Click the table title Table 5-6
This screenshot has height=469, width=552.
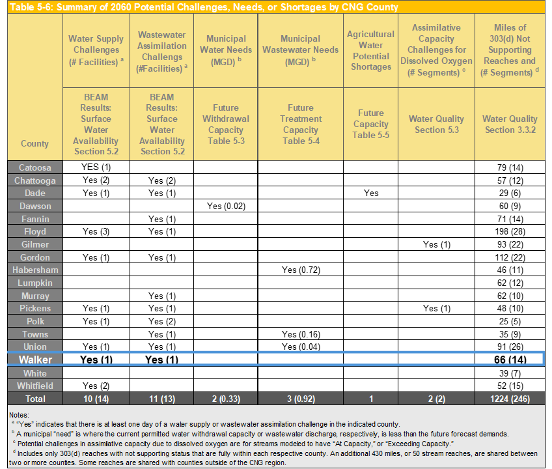[203, 7]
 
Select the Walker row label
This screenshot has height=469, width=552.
[35, 360]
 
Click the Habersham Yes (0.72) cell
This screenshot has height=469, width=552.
[300, 270]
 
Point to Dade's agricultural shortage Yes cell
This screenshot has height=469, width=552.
[371, 193]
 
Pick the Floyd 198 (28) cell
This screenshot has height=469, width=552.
[510, 231]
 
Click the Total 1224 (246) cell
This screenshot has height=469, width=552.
[510, 398]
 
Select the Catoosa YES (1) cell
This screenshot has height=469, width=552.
[96, 167]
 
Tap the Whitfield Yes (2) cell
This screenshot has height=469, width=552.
[96, 386]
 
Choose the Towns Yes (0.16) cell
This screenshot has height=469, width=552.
[300, 334]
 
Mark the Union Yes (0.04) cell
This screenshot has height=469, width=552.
[300, 347]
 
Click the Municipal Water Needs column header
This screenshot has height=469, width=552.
[226, 50]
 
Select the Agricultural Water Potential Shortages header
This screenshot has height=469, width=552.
[371, 50]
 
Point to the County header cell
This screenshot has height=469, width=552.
[35, 143]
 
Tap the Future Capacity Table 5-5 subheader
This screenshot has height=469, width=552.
[371, 124]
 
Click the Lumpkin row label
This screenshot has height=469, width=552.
[35, 283]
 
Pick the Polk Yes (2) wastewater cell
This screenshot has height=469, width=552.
[162, 321]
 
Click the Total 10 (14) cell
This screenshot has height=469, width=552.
[96, 398]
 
